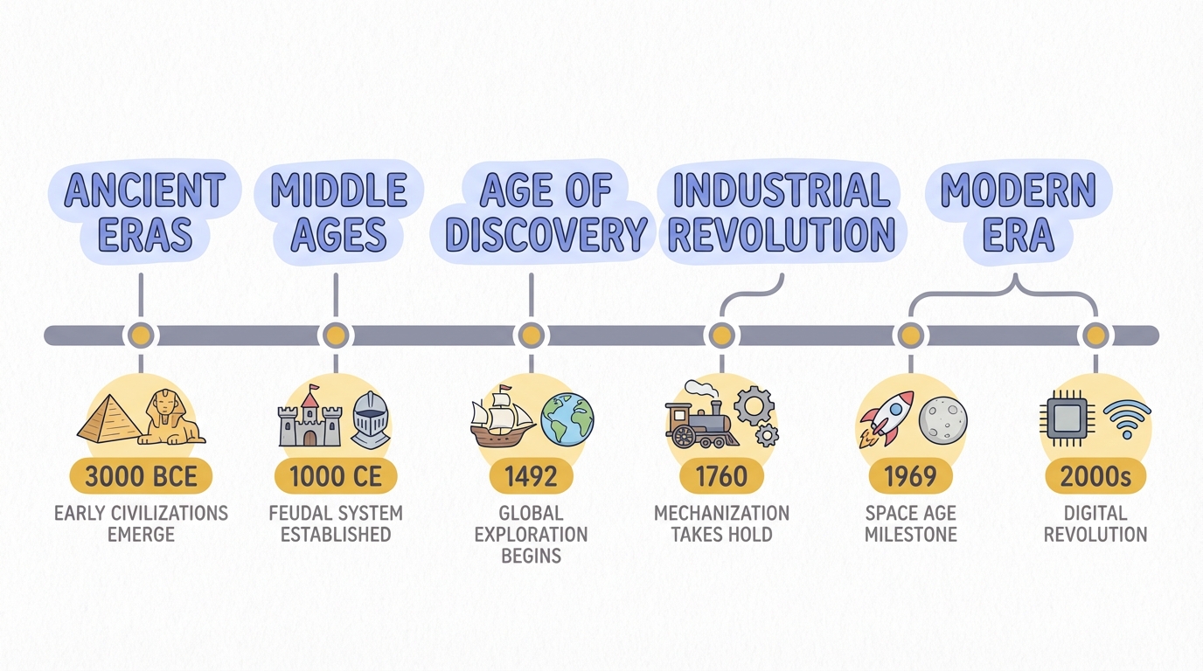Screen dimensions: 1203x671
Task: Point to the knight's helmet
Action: pos(371,419)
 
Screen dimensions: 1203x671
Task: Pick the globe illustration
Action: pos(567,419)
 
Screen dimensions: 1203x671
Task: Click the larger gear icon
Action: pos(754,405)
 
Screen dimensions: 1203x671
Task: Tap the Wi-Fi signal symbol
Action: pos(1127,419)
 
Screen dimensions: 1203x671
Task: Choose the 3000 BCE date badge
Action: pos(141,476)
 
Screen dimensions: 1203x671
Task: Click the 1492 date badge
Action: pos(532,476)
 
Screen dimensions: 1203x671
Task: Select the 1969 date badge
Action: pos(911,476)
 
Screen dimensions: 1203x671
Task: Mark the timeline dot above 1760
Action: pos(721,335)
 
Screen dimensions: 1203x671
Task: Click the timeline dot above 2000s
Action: pos(1095,335)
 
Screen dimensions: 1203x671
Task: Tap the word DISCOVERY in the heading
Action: pos(546,234)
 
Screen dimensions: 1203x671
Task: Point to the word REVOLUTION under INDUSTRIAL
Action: pos(782,234)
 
